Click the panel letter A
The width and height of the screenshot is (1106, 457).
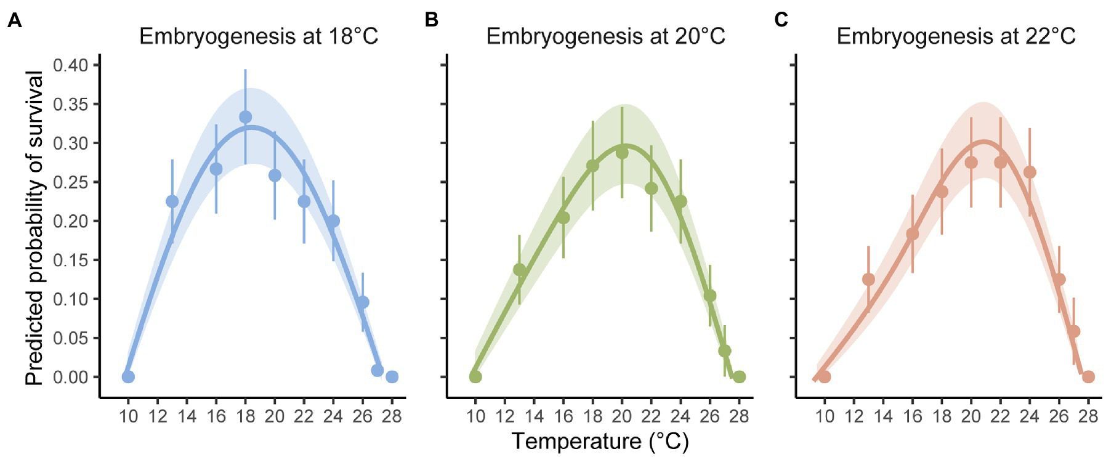[x=15, y=21]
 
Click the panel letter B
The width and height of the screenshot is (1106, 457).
[x=432, y=21]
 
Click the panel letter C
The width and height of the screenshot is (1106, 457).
[x=781, y=21]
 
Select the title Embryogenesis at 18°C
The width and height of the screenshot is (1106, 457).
[x=259, y=36]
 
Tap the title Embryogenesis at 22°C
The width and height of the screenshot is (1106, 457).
[x=956, y=36]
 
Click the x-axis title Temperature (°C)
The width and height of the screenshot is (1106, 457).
[x=600, y=441]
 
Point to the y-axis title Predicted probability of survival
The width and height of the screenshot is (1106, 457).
[x=35, y=228]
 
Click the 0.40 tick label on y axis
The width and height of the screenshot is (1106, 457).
[x=71, y=65]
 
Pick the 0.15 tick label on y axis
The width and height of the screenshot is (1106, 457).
[x=71, y=260]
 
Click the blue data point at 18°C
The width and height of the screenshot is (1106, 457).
[x=245, y=117]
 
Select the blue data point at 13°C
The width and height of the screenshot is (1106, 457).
[x=172, y=201]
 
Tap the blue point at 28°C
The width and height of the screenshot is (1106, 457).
[x=392, y=376]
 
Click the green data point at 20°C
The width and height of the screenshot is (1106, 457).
[x=622, y=153]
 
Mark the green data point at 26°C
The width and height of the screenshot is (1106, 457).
[x=710, y=296]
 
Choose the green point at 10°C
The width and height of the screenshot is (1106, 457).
[x=475, y=376]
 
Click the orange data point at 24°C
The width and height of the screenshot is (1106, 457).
[x=1030, y=172]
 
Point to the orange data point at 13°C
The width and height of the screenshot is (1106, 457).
[x=868, y=279]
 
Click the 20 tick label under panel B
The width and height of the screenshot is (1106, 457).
[x=622, y=416]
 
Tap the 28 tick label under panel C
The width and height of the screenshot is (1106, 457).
[x=1088, y=416]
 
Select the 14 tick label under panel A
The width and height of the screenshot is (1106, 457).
[x=187, y=416]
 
